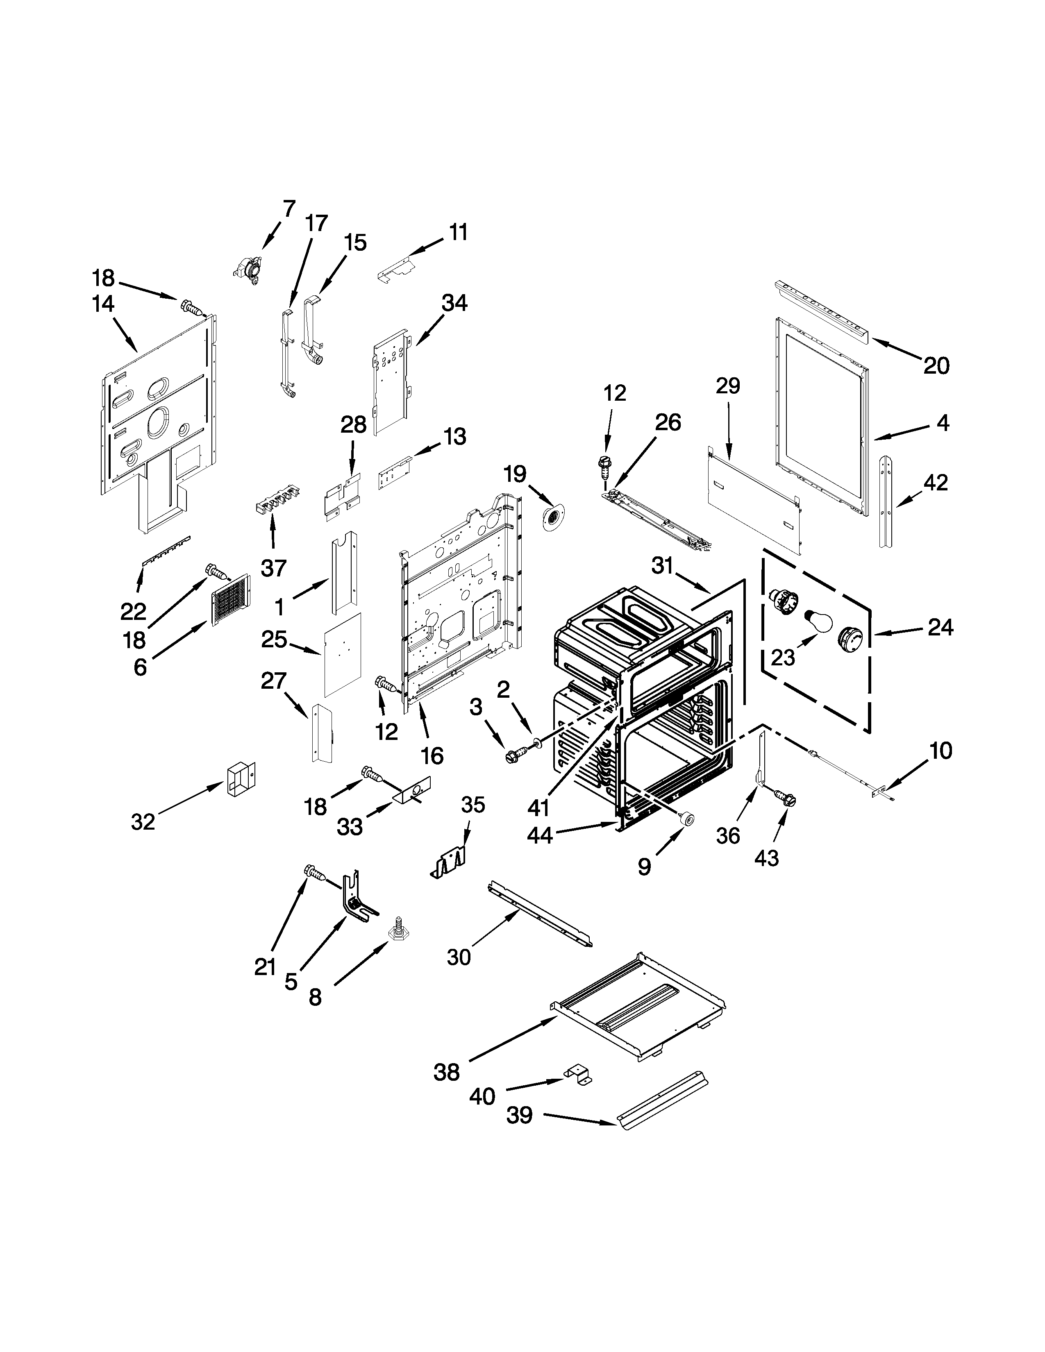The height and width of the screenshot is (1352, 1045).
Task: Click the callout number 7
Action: pyautogui.click(x=289, y=209)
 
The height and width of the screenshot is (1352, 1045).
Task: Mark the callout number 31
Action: pyautogui.click(x=662, y=566)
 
